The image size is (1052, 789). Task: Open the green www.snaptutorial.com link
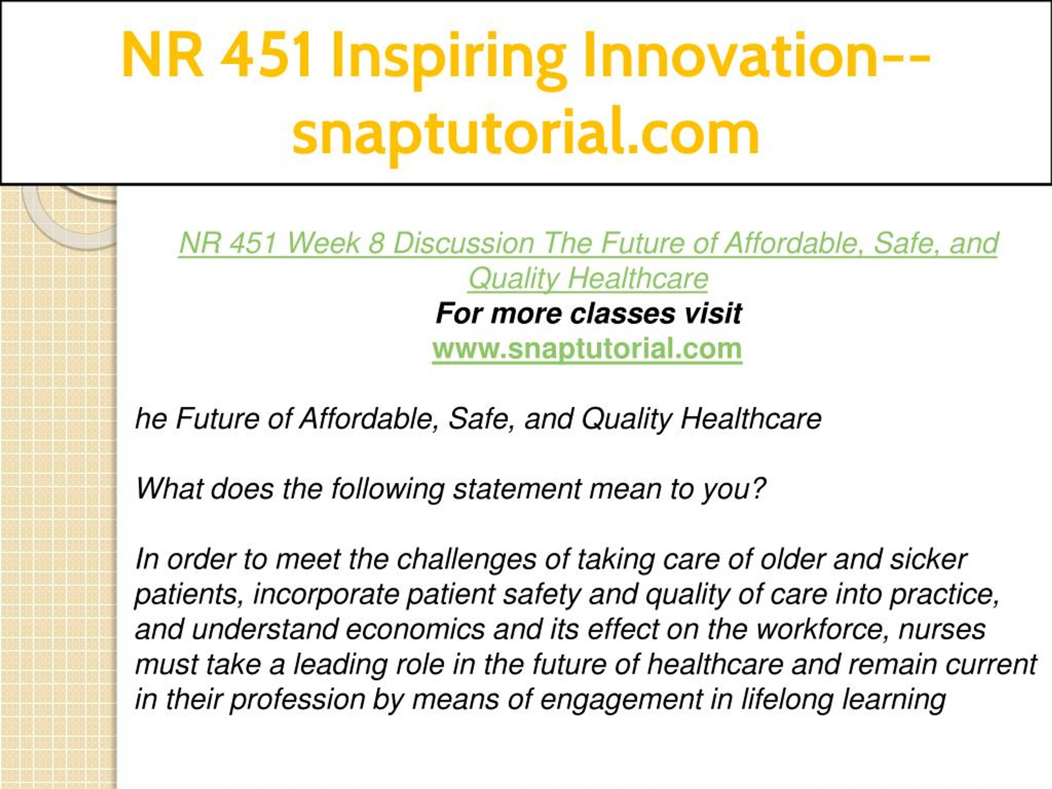click(587, 349)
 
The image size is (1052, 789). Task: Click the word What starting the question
click(169, 489)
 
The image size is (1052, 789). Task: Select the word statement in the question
click(516, 489)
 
